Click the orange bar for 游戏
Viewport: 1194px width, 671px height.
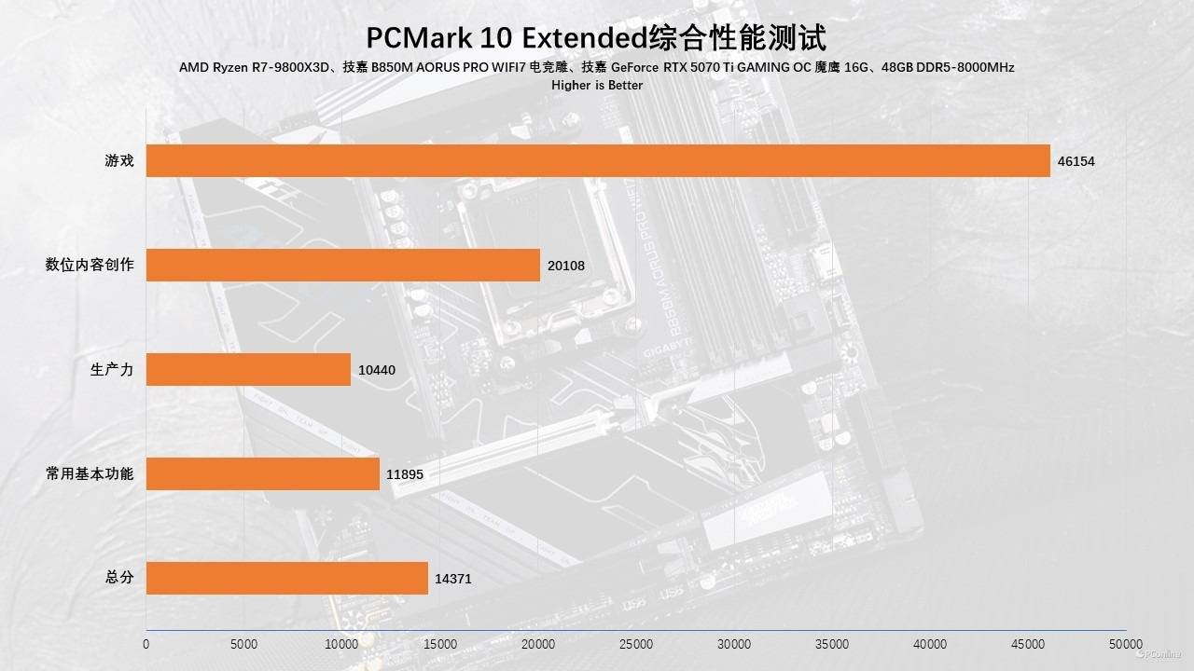coord(598,160)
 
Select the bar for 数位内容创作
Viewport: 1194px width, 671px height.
coord(343,265)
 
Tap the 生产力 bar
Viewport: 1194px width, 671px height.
coord(248,369)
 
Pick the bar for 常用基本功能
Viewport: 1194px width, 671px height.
coord(263,473)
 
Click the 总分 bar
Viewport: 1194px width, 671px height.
coord(287,578)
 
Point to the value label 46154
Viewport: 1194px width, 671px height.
coord(1076,161)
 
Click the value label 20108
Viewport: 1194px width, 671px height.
coord(566,266)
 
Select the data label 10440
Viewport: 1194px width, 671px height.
coord(377,370)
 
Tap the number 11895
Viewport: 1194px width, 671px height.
coord(405,474)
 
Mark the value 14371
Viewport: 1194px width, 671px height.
coord(453,579)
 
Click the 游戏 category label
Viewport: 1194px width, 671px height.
coord(119,160)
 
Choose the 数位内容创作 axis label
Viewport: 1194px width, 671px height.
coord(90,265)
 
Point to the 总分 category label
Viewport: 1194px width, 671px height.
coord(119,578)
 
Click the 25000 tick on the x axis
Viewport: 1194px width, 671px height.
coord(636,644)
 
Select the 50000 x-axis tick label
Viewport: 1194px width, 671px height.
coord(1126,644)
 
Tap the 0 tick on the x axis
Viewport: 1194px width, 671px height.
coord(146,644)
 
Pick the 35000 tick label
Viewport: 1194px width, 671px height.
coord(832,644)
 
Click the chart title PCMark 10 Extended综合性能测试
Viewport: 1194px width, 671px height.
coord(596,37)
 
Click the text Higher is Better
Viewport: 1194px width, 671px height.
coord(596,85)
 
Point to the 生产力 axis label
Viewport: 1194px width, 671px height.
coord(112,369)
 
